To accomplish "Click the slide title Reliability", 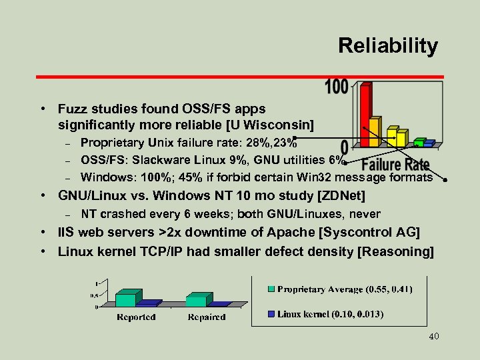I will (x=387, y=46).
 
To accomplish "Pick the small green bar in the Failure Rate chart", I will (x=418, y=143).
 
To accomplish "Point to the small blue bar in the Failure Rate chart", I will (x=429, y=143).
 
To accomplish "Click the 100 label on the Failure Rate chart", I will (x=337, y=87).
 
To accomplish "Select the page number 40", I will (x=433, y=337).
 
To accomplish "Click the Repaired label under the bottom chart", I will (x=207, y=317).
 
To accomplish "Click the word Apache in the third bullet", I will (x=263, y=233).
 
